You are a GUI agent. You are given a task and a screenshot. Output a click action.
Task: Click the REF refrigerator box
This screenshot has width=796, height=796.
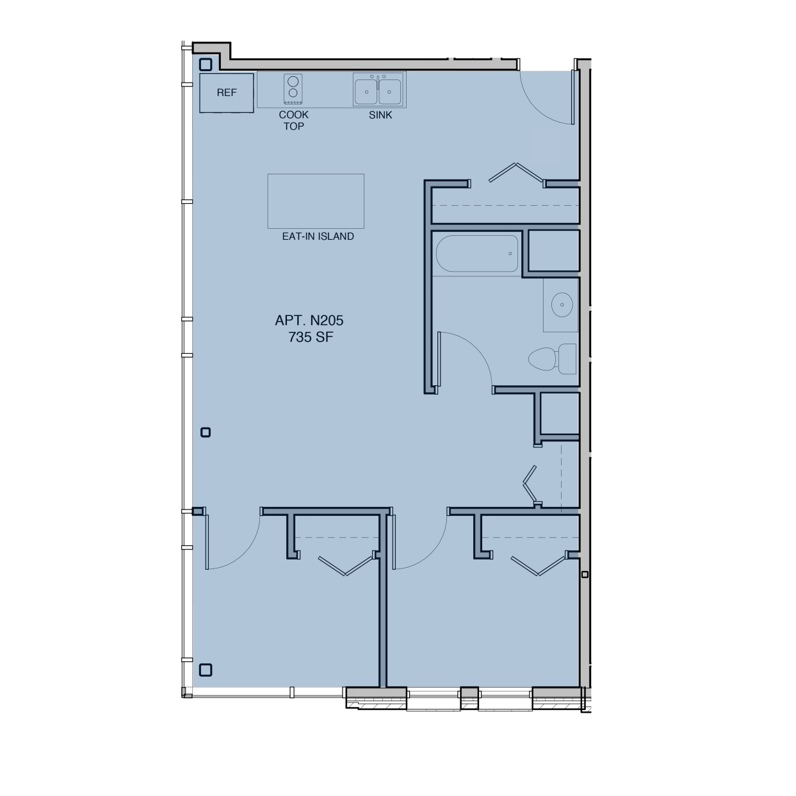coord(227,93)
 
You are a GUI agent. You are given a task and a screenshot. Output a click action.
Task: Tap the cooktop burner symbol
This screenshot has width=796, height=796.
coord(293,89)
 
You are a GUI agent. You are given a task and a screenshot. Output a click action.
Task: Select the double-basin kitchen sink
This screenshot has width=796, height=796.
coord(378,90)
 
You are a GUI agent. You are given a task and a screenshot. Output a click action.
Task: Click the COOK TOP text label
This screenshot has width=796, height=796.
coord(293,120)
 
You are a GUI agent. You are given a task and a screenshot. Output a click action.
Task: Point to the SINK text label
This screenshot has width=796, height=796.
coord(380,115)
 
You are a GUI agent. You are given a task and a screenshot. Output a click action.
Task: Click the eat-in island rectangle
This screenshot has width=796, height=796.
coord(316,201)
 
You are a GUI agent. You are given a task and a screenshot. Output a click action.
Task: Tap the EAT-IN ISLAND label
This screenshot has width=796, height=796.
coord(318,236)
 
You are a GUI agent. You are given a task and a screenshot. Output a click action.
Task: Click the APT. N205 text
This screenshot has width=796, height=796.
coord(309,320)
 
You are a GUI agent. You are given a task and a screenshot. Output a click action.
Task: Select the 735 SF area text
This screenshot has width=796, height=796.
coord(311,337)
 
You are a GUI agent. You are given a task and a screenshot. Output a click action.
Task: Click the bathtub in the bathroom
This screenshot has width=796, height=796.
coord(477,254)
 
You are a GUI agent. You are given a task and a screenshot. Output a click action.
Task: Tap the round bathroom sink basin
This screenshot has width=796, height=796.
coord(562,304)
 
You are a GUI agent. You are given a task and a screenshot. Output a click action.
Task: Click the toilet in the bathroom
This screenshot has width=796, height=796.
coord(551,359)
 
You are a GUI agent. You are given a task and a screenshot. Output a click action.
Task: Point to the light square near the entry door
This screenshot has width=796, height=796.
coord(545,145)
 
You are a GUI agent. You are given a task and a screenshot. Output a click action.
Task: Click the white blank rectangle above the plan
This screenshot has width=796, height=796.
coord(480,48)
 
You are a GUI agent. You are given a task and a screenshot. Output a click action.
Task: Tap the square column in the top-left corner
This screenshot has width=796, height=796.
coord(206,65)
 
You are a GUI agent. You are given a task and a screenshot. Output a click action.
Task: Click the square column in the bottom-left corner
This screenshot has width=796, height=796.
coord(206,670)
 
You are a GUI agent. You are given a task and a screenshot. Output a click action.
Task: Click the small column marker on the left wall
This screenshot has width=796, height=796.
coord(206,433)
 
